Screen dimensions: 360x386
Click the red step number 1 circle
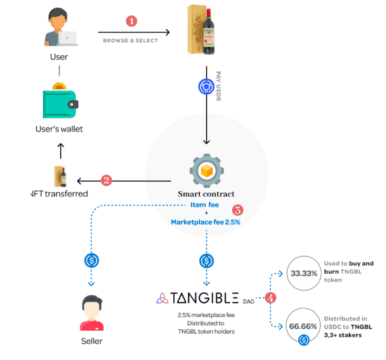pos(132,21)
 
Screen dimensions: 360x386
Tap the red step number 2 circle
pos(106,180)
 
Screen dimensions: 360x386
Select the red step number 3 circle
pos(238,209)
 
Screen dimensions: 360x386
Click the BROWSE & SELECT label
pos(131,41)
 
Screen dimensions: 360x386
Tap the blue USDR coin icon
pos(206,87)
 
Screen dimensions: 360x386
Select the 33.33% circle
pos(304,273)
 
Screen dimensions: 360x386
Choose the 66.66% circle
pos(304,327)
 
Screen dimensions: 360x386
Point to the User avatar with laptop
pos(60,29)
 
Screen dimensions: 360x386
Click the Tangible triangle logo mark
pos(163,298)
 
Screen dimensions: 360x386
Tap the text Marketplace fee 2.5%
pos(205,222)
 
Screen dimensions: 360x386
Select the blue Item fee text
pos(205,205)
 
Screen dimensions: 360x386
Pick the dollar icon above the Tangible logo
pos(206,261)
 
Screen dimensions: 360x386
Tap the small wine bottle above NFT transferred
pos(60,176)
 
